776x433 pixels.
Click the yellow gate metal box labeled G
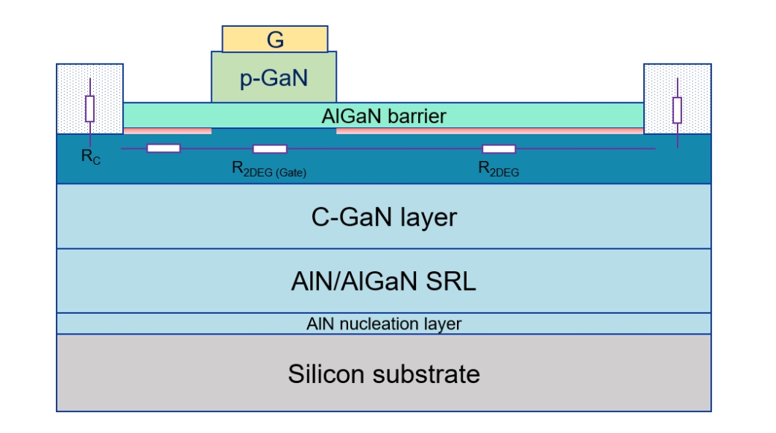pos(275,39)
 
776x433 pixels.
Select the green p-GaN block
pos(274,77)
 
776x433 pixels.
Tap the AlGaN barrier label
pos(384,116)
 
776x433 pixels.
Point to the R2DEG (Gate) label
pos(269,171)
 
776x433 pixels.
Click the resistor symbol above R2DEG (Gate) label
pos(270,148)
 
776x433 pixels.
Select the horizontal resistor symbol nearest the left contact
pos(163,148)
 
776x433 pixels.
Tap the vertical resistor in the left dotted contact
pos(89,109)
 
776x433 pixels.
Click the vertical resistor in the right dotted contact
pos(677,110)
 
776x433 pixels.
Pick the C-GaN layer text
pos(383,217)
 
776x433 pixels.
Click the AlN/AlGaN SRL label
pos(383,282)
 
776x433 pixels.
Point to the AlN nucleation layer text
pos(383,323)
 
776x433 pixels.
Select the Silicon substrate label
pos(383,373)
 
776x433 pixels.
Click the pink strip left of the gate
pos(168,131)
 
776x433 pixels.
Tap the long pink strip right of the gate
pos(490,131)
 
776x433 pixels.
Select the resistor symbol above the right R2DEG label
pos(499,148)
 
